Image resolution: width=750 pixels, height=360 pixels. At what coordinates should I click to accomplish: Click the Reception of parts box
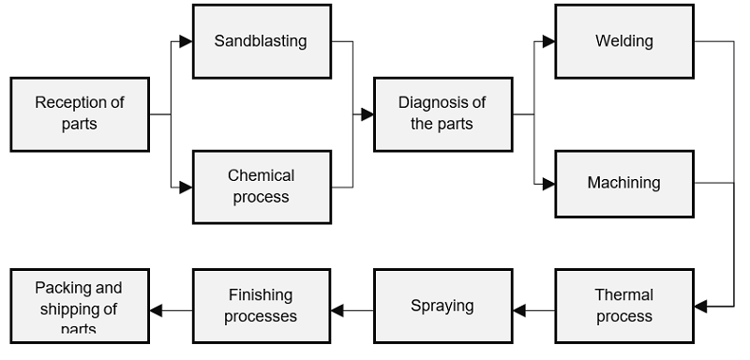coord(80,114)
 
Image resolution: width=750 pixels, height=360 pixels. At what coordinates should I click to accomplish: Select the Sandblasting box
coord(262,41)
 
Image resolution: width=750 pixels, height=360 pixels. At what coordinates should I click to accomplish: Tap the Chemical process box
coord(262,187)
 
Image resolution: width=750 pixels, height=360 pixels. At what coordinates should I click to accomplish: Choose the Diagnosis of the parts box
coord(442,114)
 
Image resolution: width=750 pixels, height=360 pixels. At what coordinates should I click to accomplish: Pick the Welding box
coord(624,41)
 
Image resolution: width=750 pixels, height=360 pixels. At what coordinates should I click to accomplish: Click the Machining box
coord(624,183)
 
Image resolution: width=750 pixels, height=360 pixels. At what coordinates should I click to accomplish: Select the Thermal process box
coord(624,306)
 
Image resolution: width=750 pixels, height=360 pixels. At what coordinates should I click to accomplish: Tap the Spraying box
coord(442,306)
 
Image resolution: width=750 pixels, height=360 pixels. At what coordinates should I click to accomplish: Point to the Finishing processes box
coord(262,306)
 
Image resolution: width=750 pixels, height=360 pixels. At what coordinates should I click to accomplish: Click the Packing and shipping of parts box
coord(80,306)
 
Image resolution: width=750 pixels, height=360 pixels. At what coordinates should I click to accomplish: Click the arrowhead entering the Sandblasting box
coord(186,41)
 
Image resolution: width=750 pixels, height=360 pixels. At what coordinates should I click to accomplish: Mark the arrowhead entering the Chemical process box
coord(186,187)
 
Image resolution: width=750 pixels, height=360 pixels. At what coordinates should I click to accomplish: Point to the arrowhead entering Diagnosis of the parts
coord(367,114)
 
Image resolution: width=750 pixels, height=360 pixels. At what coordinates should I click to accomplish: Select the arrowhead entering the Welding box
coord(548,41)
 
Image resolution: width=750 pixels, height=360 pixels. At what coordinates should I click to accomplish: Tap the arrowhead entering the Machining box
coord(548,184)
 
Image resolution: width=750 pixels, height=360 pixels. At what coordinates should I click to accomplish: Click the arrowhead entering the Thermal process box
coord(701,306)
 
